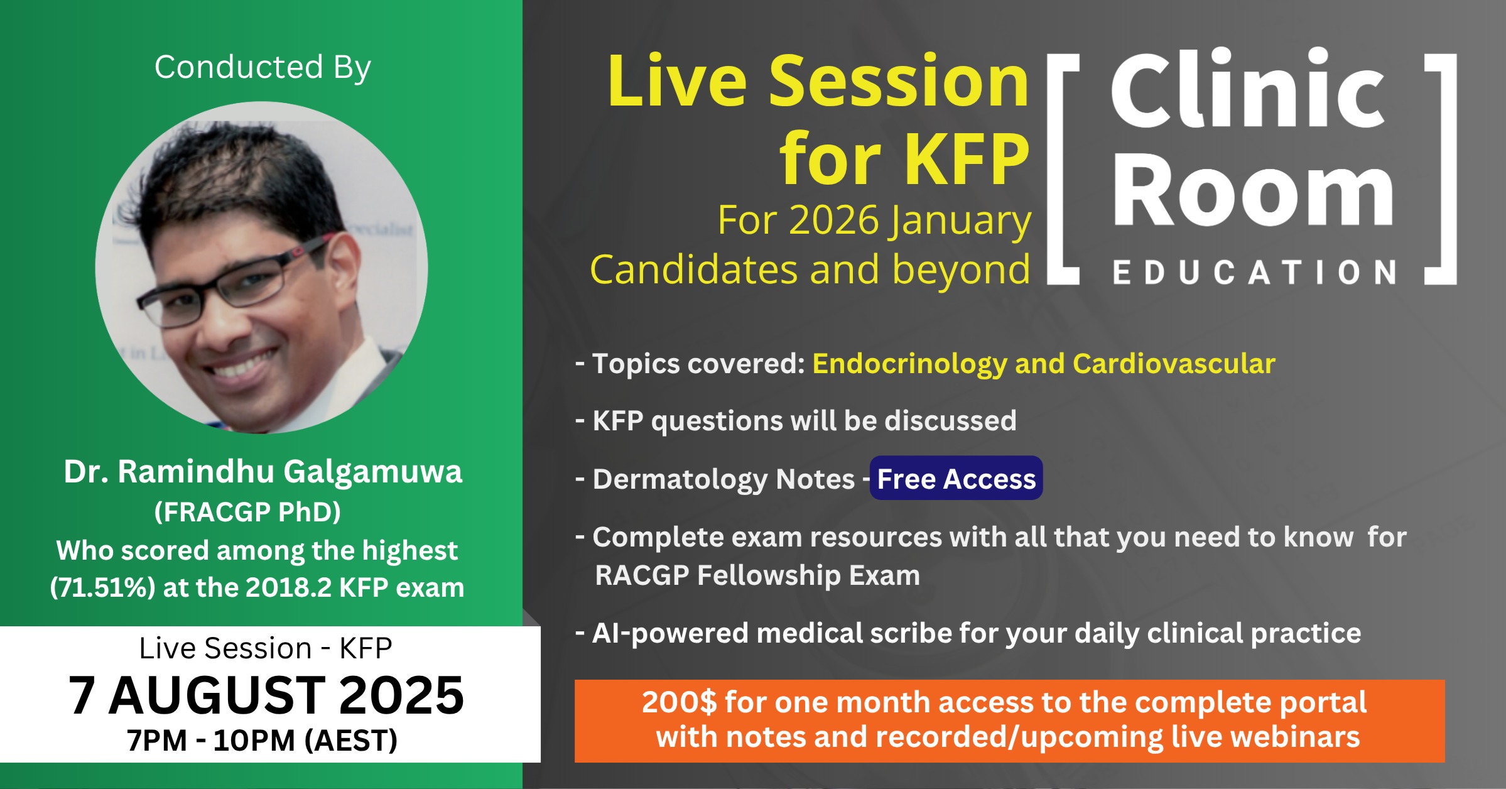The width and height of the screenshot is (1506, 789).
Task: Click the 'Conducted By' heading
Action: point(263,67)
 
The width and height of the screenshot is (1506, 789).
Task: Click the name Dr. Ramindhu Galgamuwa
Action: point(263,471)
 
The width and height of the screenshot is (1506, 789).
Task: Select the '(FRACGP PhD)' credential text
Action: point(247,512)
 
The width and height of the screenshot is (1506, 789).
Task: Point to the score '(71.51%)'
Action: point(102,587)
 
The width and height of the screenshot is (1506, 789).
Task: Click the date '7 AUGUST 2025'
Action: point(266,695)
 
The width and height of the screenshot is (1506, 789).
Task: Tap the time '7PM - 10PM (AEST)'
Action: point(262,740)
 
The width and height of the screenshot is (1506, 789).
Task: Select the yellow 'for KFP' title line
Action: point(904,160)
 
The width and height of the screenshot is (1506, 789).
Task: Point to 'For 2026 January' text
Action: point(874,221)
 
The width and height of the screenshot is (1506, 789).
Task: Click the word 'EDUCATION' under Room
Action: point(1255,273)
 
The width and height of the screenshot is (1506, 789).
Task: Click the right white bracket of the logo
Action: point(1449,169)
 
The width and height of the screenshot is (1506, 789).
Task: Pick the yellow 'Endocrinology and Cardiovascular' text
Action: point(1044,364)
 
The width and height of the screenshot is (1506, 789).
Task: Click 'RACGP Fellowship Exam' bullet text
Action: point(757,575)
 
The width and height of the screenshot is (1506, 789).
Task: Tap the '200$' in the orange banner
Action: point(679,702)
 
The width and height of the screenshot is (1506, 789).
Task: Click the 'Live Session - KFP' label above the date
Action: point(266,648)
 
